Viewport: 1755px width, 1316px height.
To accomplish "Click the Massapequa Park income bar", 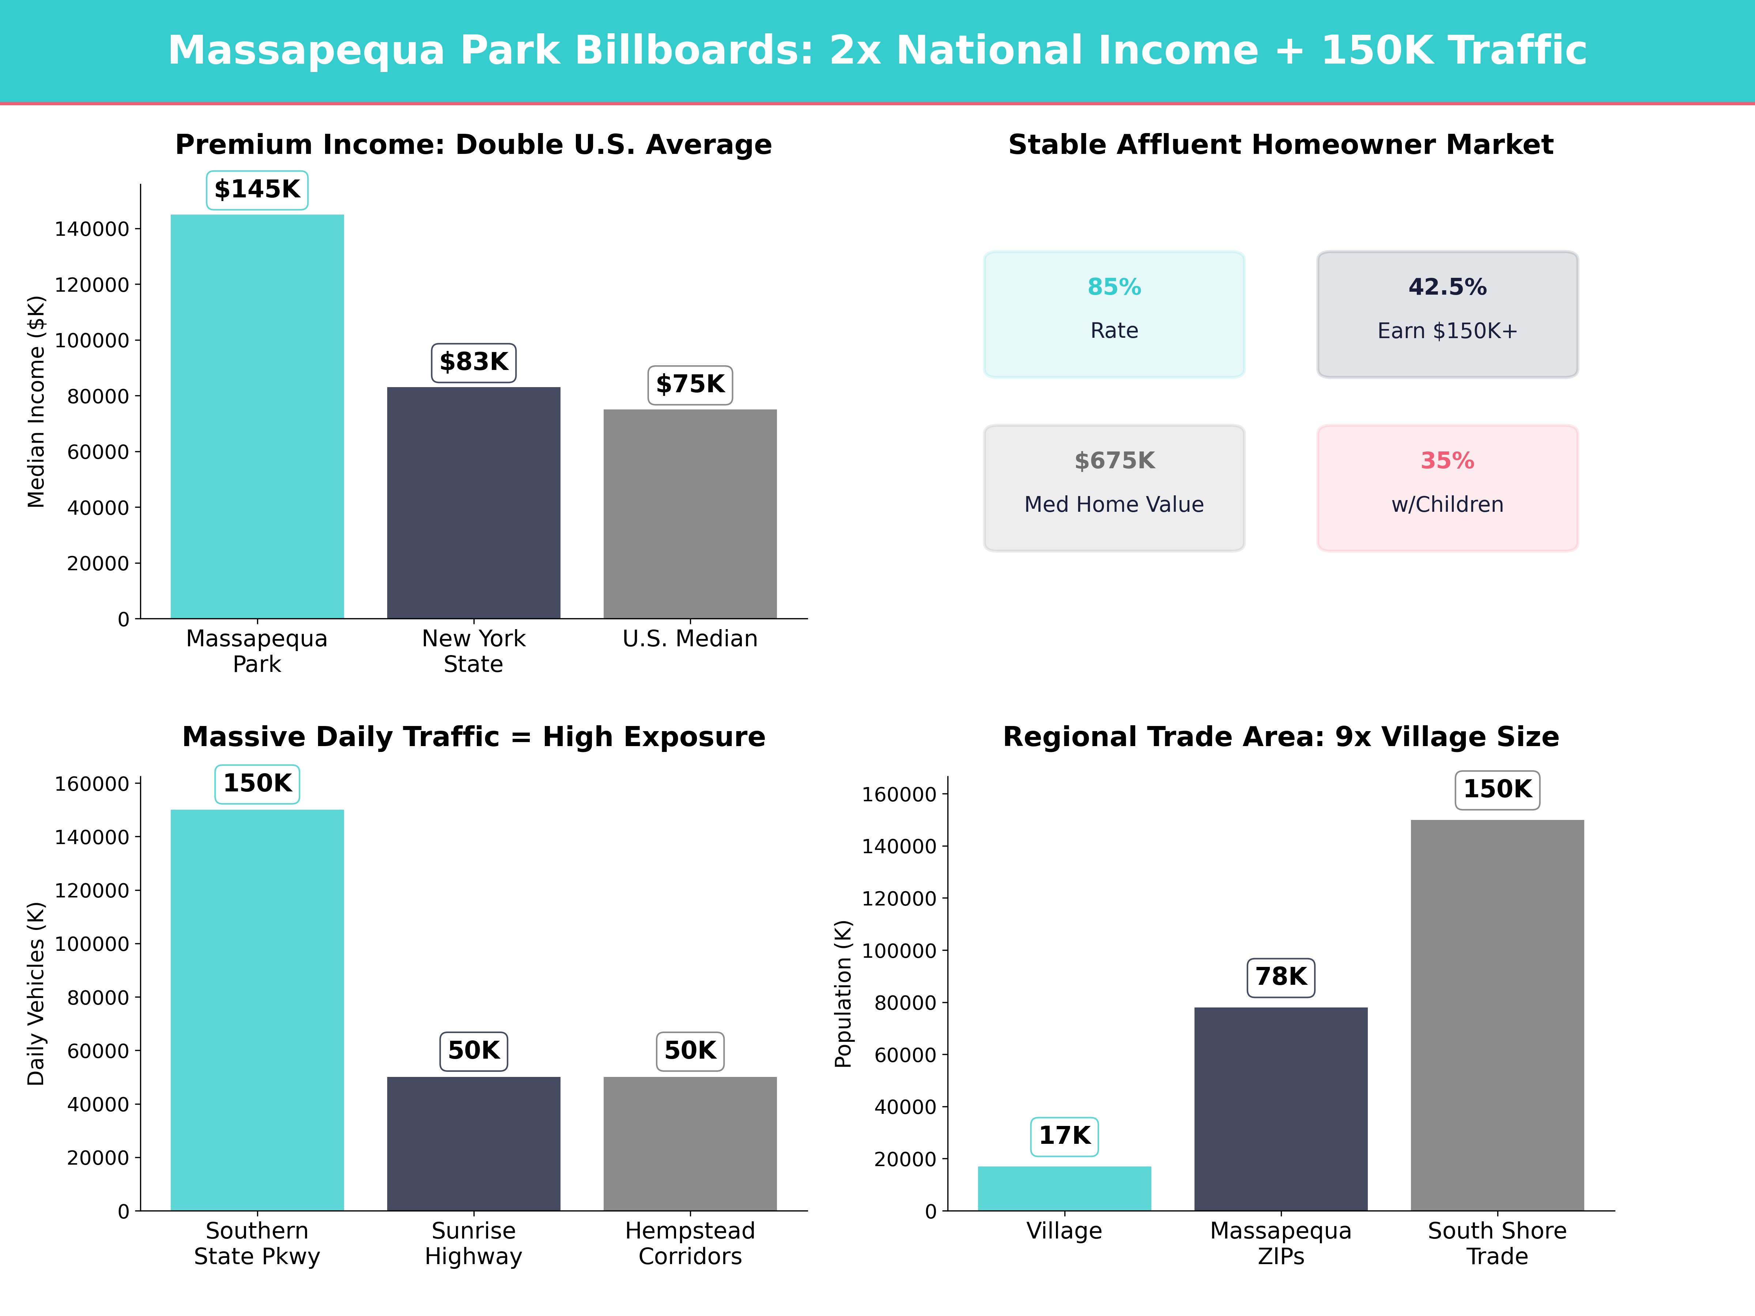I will click(257, 416).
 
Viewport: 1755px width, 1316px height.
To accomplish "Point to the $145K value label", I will click(257, 190).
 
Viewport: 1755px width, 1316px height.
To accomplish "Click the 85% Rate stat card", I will click(1114, 314).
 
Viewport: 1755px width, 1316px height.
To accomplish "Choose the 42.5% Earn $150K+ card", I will click(1447, 314).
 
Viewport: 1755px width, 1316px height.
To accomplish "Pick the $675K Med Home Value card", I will click(1114, 488).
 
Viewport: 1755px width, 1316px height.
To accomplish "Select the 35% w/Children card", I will click(1447, 488).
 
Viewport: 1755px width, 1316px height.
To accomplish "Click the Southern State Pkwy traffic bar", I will click(257, 1010).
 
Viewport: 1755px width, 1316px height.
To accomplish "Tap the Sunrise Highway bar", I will click(473, 1143).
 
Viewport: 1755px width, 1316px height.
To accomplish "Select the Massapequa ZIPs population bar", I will click(1280, 1109).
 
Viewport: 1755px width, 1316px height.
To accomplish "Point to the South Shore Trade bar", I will click(1497, 1016).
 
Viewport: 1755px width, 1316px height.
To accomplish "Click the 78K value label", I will click(1280, 976).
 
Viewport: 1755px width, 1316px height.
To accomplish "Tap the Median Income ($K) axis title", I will click(37, 401).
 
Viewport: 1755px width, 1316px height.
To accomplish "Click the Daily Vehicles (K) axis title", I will click(37, 993).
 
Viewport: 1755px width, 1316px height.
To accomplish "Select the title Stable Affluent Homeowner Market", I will click(1280, 145).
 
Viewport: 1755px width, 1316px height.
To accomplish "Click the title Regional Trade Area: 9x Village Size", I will click(1280, 737).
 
